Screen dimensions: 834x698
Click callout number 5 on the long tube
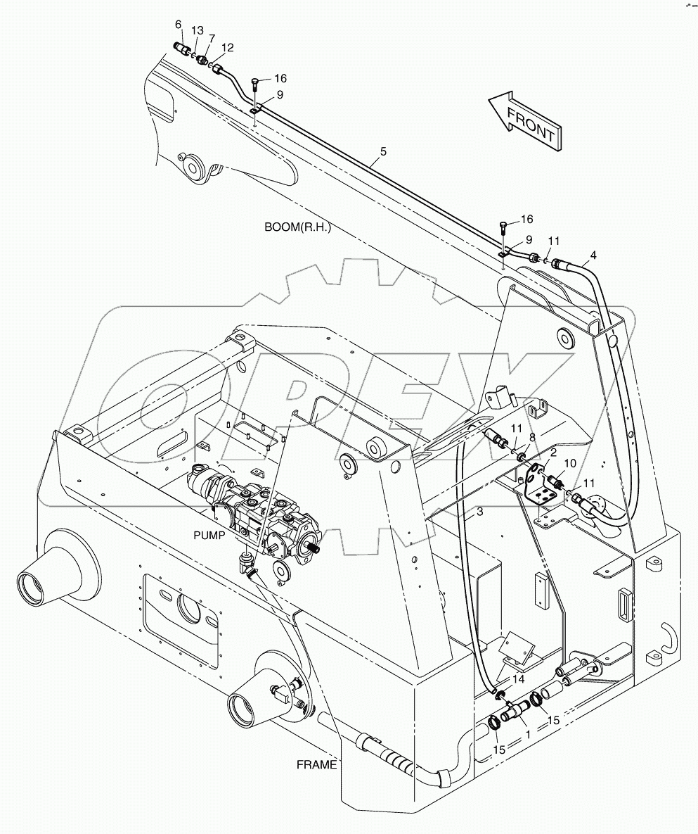click(383, 151)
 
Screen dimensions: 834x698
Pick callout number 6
click(178, 25)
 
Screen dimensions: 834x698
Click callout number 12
click(227, 47)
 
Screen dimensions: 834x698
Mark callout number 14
click(518, 679)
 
